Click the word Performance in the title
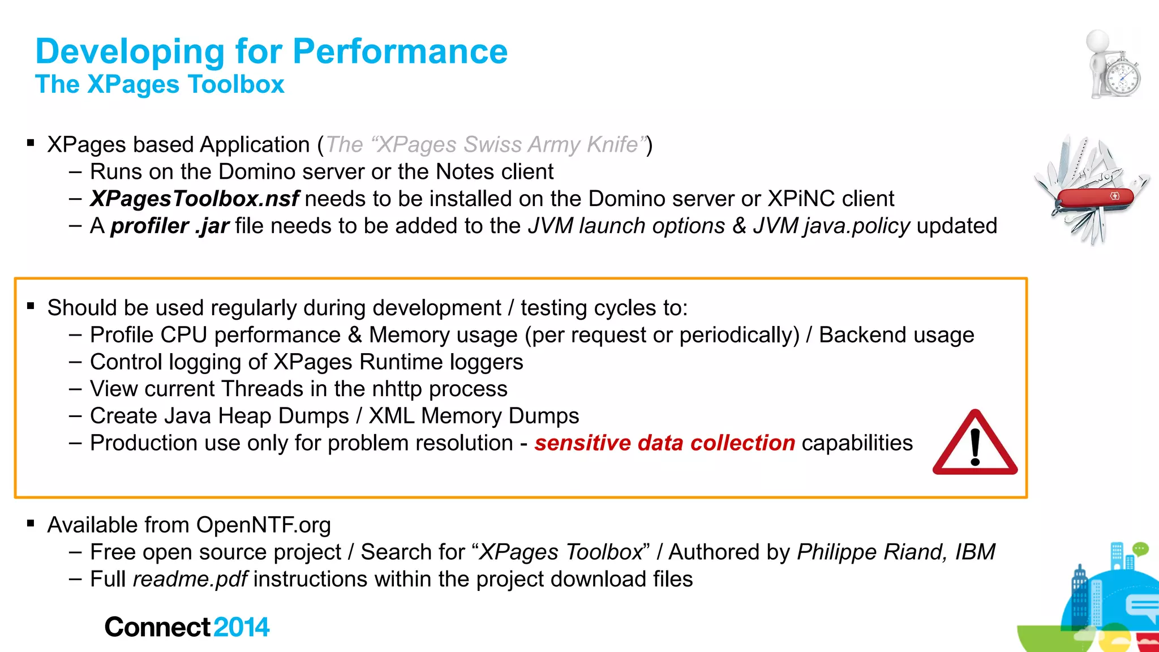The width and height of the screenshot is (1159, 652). pyautogui.click(x=400, y=52)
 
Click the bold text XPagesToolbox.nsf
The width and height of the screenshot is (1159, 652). pyautogui.click(x=194, y=199)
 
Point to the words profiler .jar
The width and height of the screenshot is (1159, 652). pyautogui.click(x=169, y=226)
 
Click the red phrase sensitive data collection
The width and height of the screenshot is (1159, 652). pyautogui.click(x=664, y=443)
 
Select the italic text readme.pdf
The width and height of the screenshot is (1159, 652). pyautogui.click(x=190, y=580)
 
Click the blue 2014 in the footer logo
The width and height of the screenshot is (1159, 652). pyautogui.click(x=241, y=627)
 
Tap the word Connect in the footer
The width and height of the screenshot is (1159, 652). pyautogui.click(x=157, y=627)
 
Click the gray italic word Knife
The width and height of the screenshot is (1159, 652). pyautogui.click(x=613, y=145)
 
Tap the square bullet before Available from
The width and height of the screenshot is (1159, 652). pyautogui.click(x=31, y=524)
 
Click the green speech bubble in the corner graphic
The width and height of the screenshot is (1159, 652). pyautogui.click(x=1140, y=548)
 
